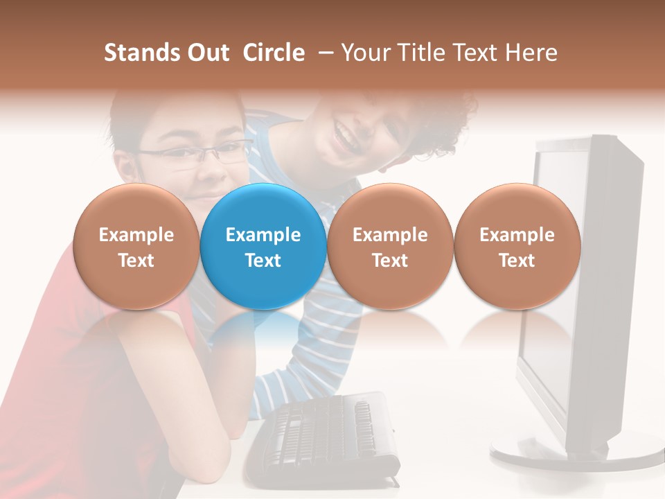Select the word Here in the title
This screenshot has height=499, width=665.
click(531, 53)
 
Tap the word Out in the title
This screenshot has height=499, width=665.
click(206, 53)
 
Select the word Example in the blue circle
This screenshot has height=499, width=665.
click(263, 235)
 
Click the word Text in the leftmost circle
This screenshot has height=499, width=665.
click(136, 261)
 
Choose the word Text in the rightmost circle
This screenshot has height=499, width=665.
click(517, 261)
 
